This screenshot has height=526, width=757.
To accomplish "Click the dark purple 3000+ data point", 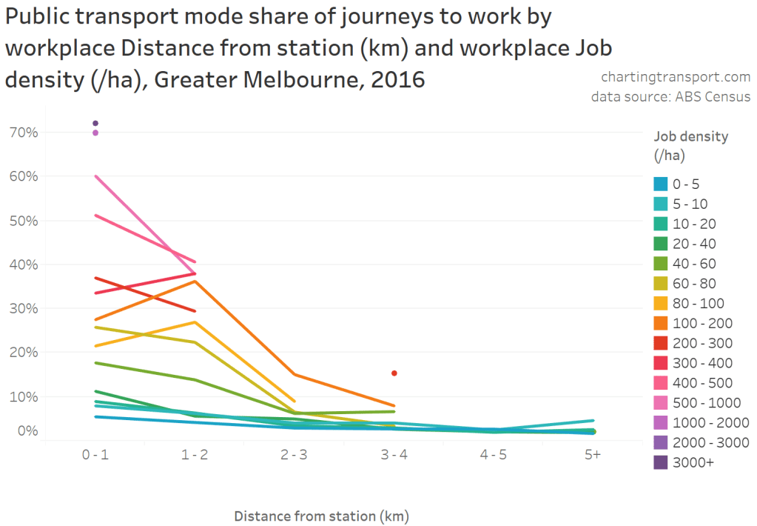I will coord(95,123).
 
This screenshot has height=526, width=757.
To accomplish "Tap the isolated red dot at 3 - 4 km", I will coord(394,373).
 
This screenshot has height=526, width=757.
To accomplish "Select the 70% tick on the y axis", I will coord(23,133).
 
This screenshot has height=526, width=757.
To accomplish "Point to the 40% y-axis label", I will coord(23,264).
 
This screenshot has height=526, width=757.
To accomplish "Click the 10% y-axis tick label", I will coord(23,396).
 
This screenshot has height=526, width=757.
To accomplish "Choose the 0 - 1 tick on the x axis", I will coord(95,455).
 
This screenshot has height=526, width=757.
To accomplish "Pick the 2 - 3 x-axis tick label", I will coord(294,455).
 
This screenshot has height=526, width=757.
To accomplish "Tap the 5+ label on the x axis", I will coord(592,455).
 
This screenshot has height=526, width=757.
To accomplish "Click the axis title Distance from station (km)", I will coord(321,516).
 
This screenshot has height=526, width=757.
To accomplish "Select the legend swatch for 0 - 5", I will coord(662,184).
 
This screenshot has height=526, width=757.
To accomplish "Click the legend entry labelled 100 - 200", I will coord(704,324).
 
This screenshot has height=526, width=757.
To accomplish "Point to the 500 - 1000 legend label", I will coord(707,403).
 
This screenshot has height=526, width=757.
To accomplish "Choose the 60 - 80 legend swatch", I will coord(662,284).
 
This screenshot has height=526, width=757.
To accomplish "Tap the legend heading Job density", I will coord(691,136).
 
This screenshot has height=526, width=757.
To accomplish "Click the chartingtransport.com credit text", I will coord(676,76).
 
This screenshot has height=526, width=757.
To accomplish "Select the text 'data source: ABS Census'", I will coord(670,97).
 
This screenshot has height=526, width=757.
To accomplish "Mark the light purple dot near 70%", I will coord(95,133).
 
